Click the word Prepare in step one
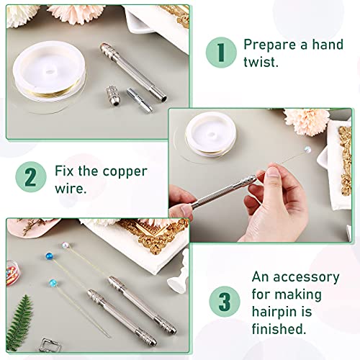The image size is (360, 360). coord(271,44)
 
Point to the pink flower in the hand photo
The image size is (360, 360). coord(307,124)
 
